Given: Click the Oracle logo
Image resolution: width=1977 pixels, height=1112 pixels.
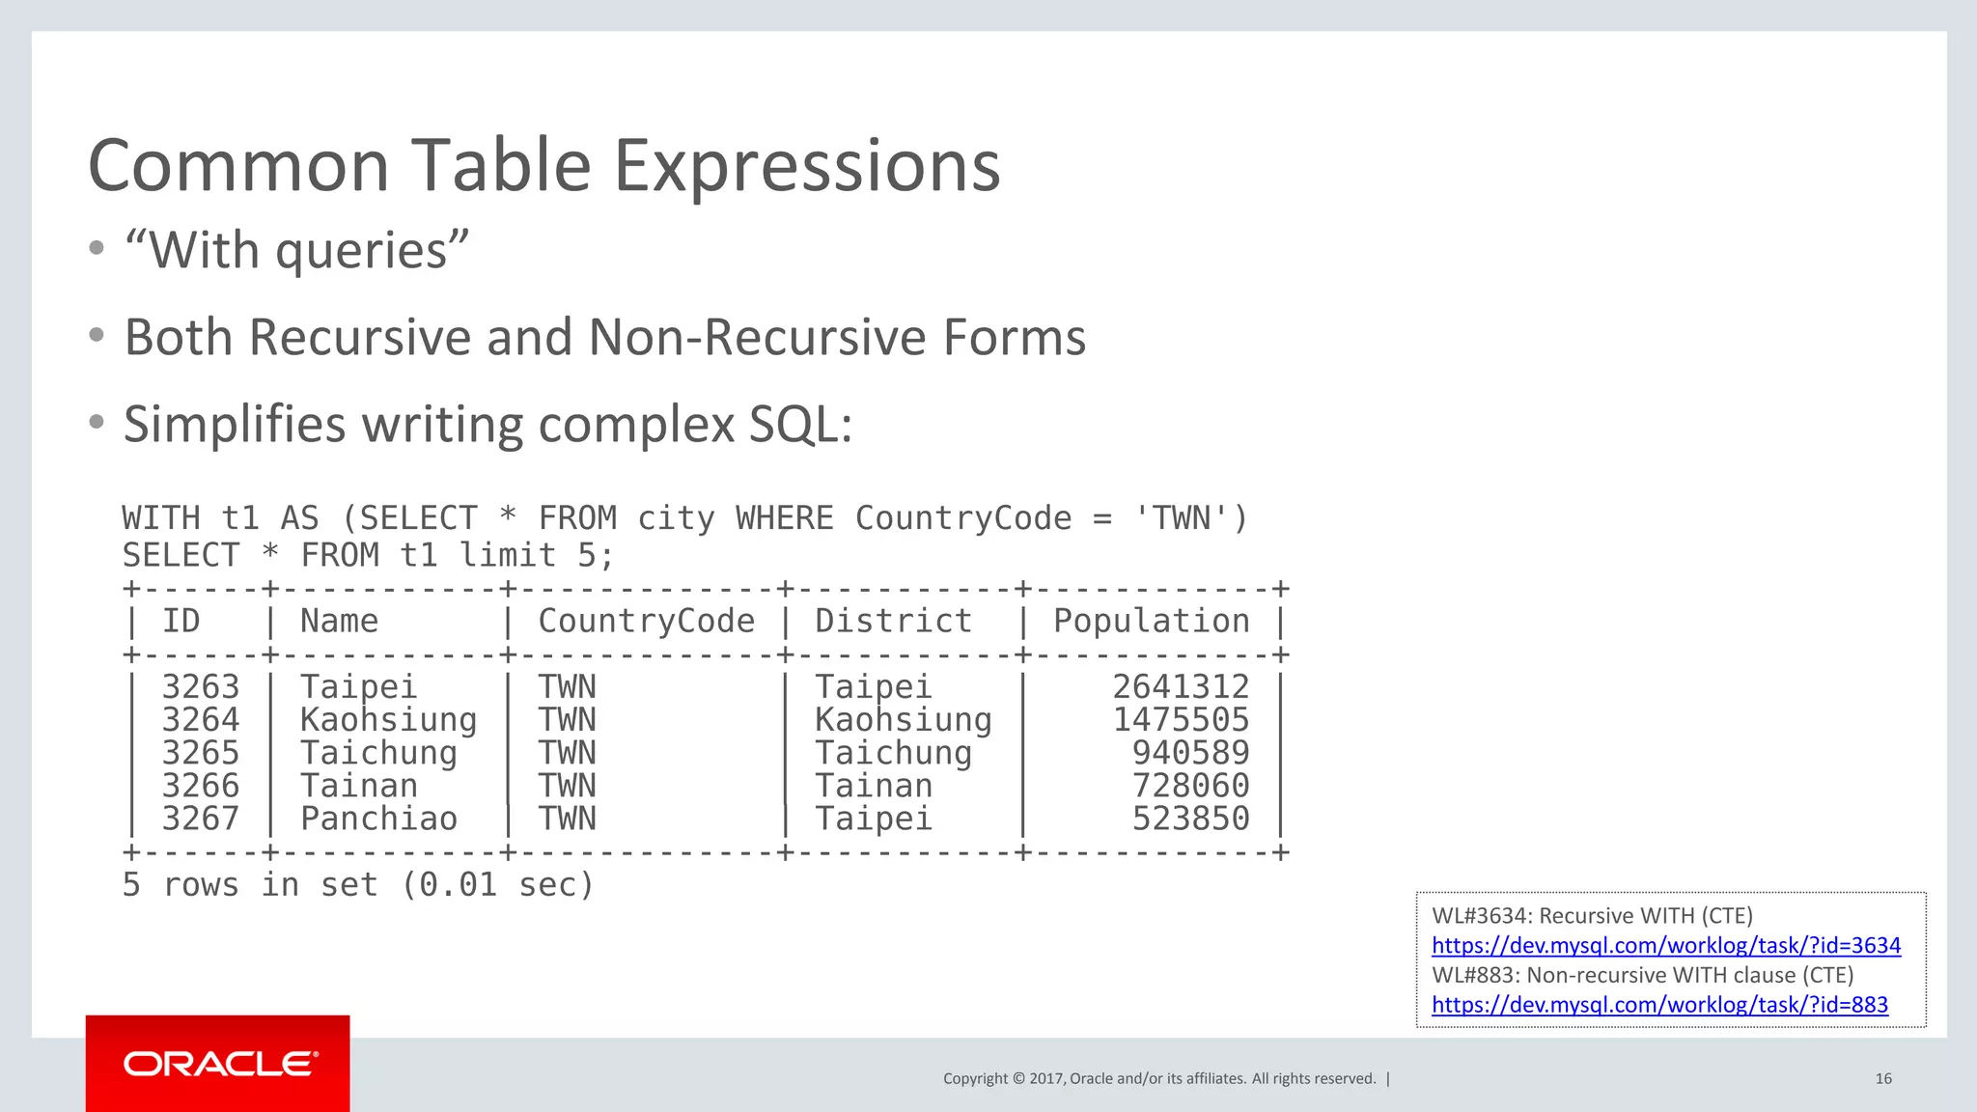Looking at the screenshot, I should tap(220, 1064).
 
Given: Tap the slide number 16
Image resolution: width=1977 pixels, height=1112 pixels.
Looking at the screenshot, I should tap(1882, 1078).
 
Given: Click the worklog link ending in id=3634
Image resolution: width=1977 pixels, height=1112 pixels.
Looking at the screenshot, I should tap(1665, 945).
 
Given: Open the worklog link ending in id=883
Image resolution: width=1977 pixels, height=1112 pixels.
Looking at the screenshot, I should tap(1658, 1005).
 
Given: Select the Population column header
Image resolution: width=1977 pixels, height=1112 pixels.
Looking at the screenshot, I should tap(1151, 621).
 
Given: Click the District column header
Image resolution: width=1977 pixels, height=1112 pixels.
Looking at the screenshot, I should tap(893, 621).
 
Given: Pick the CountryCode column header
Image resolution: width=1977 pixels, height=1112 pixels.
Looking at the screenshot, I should tap(646, 621).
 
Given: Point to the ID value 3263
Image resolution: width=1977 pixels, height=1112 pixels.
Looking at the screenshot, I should tap(200, 686).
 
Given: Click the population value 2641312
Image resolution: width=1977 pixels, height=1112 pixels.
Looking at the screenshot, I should tap(1181, 686).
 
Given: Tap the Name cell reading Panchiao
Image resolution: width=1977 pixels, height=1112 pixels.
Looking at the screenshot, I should tap(378, 819).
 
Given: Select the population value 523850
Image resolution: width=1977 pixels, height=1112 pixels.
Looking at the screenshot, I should tap(1190, 819).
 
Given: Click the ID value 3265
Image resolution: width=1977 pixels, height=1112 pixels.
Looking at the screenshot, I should tap(200, 753).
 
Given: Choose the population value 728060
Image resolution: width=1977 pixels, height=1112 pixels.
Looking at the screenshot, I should tap(1190, 786).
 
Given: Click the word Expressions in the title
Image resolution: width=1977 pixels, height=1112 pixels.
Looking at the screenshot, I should tap(807, 166).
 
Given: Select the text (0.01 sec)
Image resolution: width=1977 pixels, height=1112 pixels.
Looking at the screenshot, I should tap(496, 884).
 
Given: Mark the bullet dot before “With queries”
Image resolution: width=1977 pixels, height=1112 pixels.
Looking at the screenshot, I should tap(97, 249).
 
